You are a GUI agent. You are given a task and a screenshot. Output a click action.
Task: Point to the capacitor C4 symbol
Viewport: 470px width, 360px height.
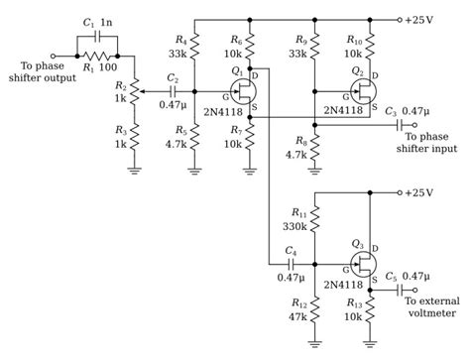coord(293,265)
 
